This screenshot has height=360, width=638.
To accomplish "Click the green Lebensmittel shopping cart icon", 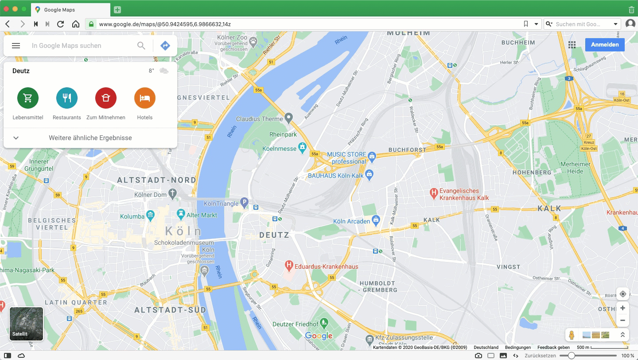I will pyautogui.click(x=28, y=98).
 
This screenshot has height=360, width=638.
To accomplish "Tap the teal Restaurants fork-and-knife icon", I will pyautogui.click(x=67, y=98).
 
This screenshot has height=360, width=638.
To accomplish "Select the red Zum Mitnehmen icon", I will pyautogui.click(x=106, y=98).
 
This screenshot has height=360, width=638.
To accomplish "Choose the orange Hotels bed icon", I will pyautogui.click(x=145, y=98).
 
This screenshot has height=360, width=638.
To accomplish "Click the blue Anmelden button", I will pyautogui.click(x=605, y=45).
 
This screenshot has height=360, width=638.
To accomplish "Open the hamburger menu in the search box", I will pyautogui.click(x=16, y=46).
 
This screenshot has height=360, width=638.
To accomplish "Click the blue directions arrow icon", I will pyautogui.click(x=165, y=46).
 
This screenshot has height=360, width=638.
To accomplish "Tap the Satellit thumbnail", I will pyautogui.click(x=27, y=324).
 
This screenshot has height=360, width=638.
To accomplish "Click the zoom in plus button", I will pyautogui.click(x=622, y=308).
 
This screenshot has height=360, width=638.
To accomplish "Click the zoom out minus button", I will pyautogui.click(x=622, y=321).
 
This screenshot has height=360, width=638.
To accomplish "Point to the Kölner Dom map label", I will pyautogui.click(x=151, y=195).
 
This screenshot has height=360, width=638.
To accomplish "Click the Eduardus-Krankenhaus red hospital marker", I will pyautogui.click(x=289, y=266).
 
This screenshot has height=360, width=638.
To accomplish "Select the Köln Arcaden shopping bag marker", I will pyautogui.click(x=376, y=219).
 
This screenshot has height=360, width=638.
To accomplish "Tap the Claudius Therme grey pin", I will pyautogui.click(x=289, y=118).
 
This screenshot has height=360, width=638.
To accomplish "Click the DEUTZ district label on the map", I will pyautogui.click(x=274, y=235).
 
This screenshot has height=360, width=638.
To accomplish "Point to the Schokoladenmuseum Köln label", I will pyautogui.click(x=184, y=243).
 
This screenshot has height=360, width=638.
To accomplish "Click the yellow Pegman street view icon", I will pyautogui.click(x=572, y=335).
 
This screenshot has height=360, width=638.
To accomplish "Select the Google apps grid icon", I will pyautogui.click(x=572, y=45).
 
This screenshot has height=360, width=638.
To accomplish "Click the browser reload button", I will pyautogui.click(x=61, y=24).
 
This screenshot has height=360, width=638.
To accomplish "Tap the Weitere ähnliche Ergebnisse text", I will pyautogui.click(x=90, y=138).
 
